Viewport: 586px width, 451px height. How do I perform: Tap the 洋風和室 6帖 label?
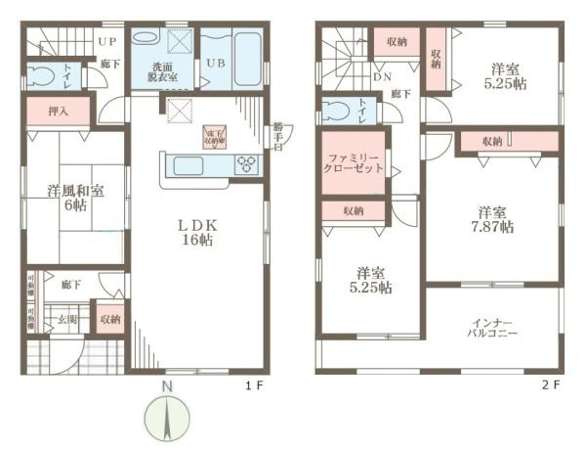pyautogui.click(x=72, y=197)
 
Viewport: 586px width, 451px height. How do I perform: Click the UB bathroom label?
pyautogui.click(x=213, y=65)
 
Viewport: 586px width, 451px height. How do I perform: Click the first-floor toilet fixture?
pyautogui.click(x=41, y=74)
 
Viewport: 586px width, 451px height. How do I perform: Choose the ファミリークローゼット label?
pyautogui.click(x=355, y=163)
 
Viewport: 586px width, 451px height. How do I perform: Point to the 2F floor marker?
pyautogui.click(x=549, y=385)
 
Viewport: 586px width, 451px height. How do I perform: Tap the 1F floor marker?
pyautogui.click(x=254, y=385)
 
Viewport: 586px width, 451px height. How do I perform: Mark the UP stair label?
pyautogui.click(x=107, y=42)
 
